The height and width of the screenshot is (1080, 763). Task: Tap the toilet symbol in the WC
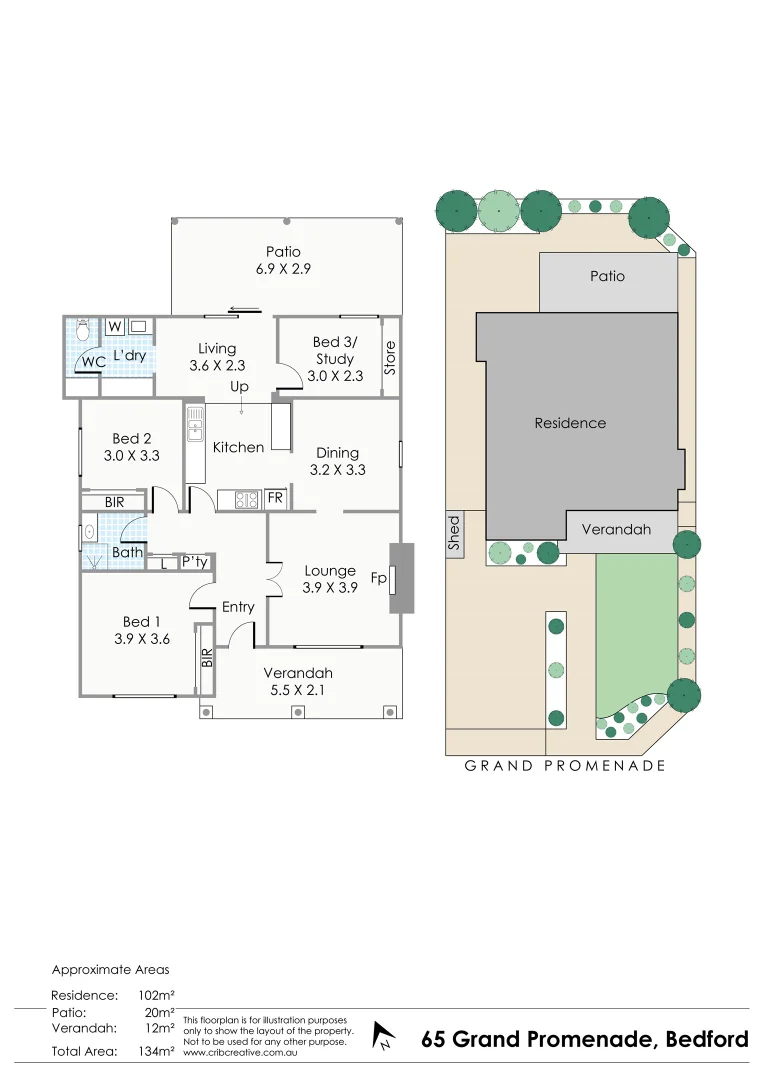point(83,329)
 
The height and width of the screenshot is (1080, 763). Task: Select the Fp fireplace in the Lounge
point(400,578)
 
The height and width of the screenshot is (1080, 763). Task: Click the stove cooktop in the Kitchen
point(247,498)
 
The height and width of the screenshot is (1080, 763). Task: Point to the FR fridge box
point(275,498)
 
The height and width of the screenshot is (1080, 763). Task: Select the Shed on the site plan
point(454,533)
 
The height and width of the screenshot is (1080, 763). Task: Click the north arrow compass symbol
point(382,1036)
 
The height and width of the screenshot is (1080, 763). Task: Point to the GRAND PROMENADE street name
point(565,766)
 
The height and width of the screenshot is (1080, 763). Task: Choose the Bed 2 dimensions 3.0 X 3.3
point(132,455)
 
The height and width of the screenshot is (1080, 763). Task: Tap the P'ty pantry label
point(194,563)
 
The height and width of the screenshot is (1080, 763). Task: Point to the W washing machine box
point(114,326)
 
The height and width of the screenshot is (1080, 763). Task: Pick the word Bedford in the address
point(706,1039)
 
